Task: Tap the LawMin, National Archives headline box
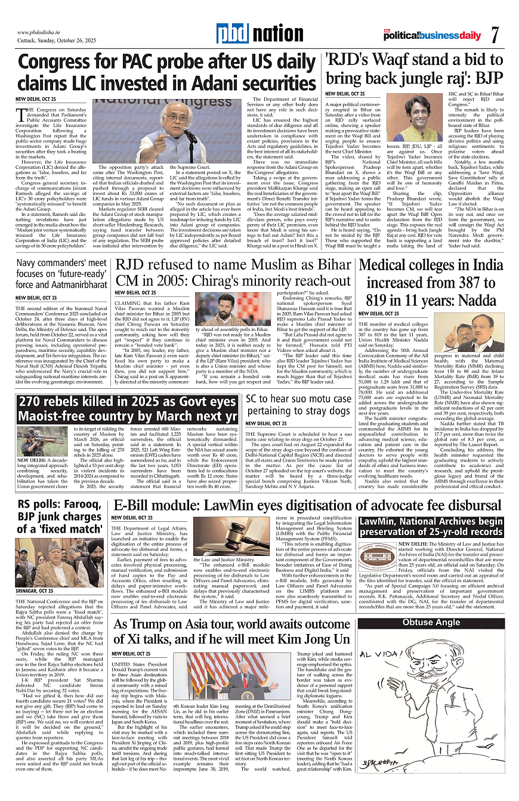[x=431, y=527]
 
